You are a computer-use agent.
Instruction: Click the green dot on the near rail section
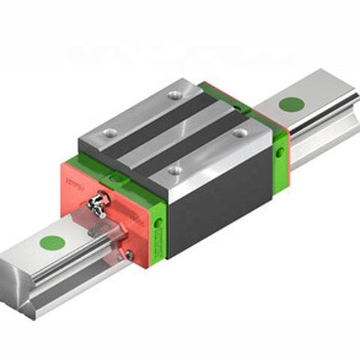[52, 241]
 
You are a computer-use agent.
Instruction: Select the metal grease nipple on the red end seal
[97, 202]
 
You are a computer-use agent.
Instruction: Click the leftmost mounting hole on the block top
[110, 133]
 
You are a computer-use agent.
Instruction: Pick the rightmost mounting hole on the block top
[240, 132]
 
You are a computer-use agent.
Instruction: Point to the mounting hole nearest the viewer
[174, 169]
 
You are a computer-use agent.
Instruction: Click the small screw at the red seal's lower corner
[129, 256]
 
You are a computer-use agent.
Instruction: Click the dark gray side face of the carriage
[217, 202]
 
